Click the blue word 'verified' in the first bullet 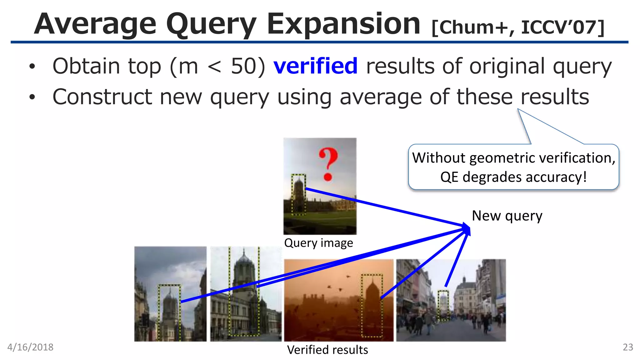pos(315,66)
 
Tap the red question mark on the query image pos(328,164)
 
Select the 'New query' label pos(507,216)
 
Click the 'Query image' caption pos(318,243)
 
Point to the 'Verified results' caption pos(327,350)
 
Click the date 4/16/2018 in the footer pos(30,347)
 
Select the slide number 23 pos(628,347)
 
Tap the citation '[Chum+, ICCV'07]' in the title pos(518,27)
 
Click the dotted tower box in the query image pos(298,195)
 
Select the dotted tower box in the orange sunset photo pos(372,305)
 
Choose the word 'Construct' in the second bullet pos(102,97)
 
